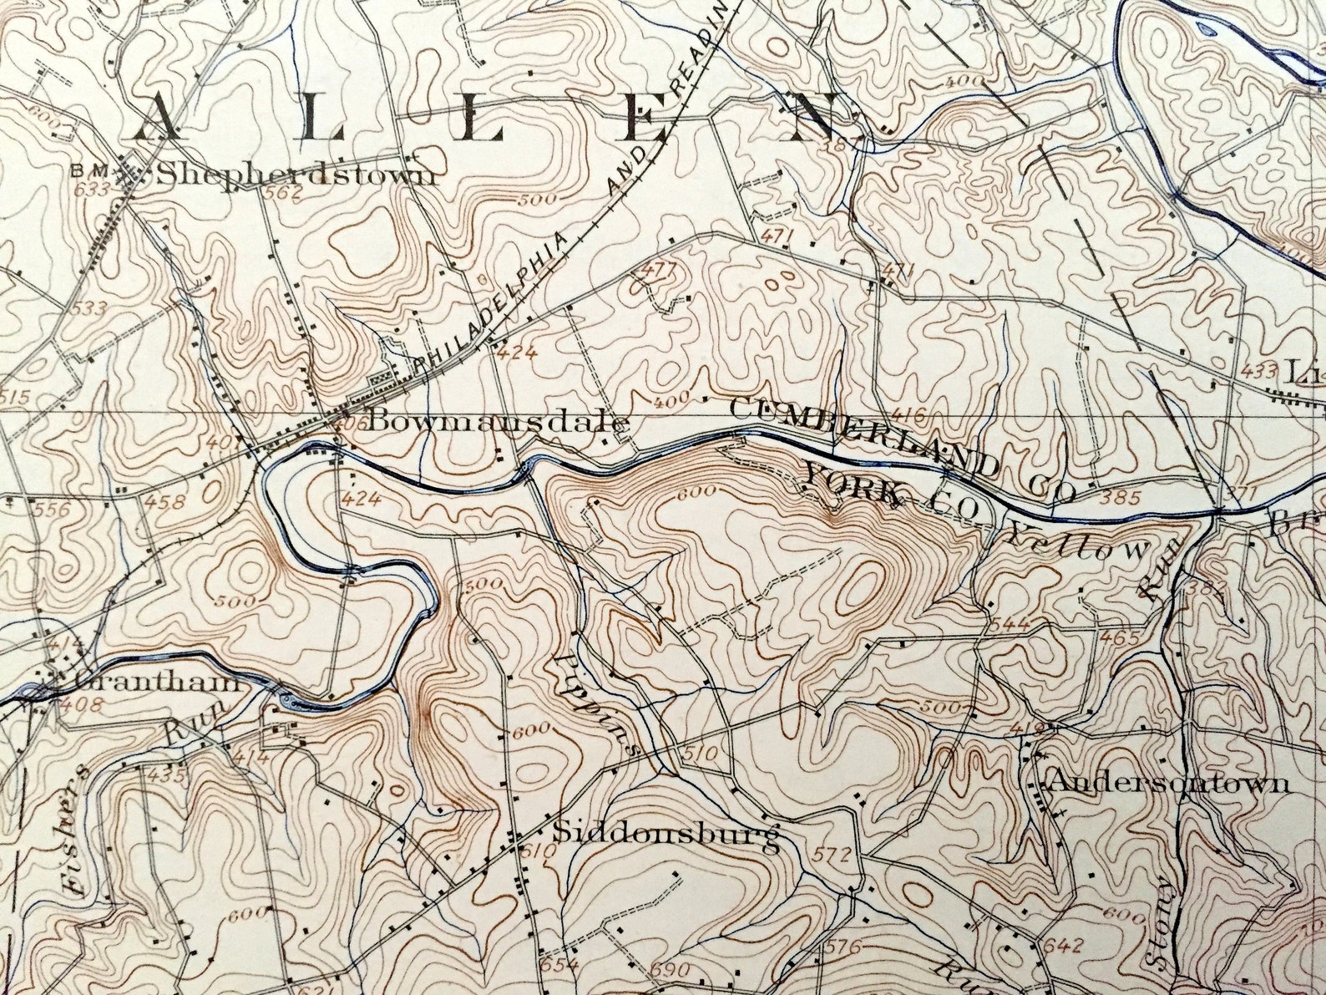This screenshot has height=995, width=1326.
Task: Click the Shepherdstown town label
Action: [x=296, y=174]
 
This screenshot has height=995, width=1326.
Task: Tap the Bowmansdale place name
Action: [x=496, y=420]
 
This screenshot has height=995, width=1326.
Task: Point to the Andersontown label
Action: [x=1167, y=783]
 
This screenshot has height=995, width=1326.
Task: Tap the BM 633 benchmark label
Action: [x=92, y=179]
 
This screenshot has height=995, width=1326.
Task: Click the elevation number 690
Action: [x=670, y=971]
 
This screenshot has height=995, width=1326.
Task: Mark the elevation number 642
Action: [x=1062, y=947]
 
